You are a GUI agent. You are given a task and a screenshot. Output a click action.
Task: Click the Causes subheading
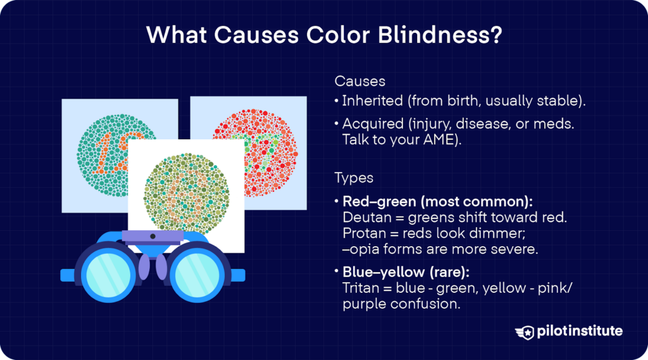point(359,82)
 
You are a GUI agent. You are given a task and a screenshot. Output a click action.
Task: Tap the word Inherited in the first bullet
point(370,101)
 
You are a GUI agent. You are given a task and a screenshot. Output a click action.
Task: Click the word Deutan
point(362,218)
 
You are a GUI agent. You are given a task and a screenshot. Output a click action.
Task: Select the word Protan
point(361,233)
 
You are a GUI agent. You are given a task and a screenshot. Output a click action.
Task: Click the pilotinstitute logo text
point(580,331)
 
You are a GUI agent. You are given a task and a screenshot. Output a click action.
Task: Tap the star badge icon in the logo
point(526,332)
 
